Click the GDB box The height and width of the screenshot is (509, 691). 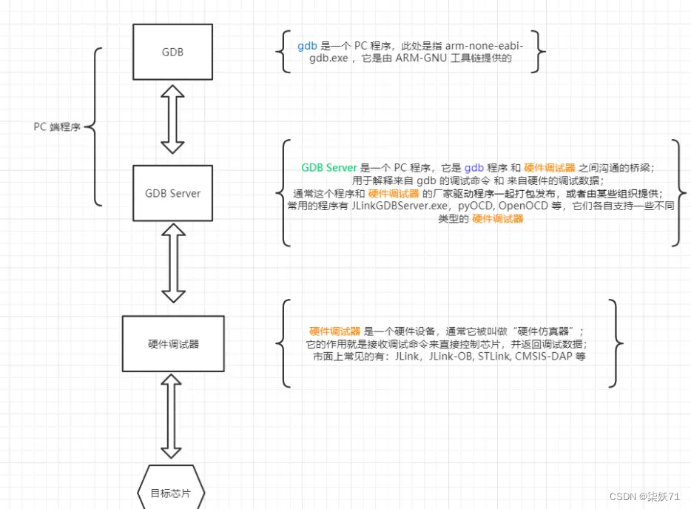tap(172, 53)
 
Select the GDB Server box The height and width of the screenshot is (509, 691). tap(172, 193)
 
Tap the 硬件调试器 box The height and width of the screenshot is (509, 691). tap(172, 344)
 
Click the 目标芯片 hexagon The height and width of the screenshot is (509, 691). tap(170, 493)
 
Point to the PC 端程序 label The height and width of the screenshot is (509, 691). tap(57, 127)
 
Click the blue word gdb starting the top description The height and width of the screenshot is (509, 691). tap(307, 45)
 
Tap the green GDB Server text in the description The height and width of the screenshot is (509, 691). tap(329, 168)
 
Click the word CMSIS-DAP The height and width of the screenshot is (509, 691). tap(543, 356)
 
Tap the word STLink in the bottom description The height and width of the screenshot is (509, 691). tap(494, 356)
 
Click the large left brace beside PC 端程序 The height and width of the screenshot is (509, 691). tap(92, 127)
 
